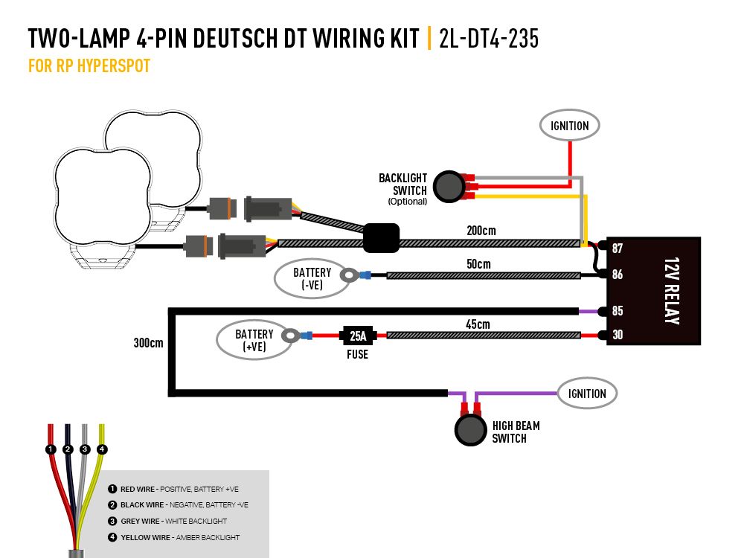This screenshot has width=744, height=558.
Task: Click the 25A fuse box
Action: point(357,336)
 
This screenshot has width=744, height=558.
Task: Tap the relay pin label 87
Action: point(617,248)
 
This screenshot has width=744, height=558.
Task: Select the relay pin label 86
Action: point(617,275)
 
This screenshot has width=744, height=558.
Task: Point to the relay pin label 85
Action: point(617,311)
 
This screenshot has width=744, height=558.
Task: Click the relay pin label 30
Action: point(617,336)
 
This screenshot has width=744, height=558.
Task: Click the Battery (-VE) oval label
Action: point(312,279)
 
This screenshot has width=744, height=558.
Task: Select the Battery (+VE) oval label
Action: point(254,340)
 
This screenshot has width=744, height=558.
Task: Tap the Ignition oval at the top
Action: point(569,126)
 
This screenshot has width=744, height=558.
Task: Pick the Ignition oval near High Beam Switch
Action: point(588,394)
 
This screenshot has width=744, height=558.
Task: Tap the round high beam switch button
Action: point(470,432)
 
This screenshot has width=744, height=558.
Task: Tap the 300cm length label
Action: point(148,344)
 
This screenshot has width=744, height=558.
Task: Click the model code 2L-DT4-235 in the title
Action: point(489,39)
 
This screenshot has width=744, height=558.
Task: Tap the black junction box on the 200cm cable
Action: point(381,238)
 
